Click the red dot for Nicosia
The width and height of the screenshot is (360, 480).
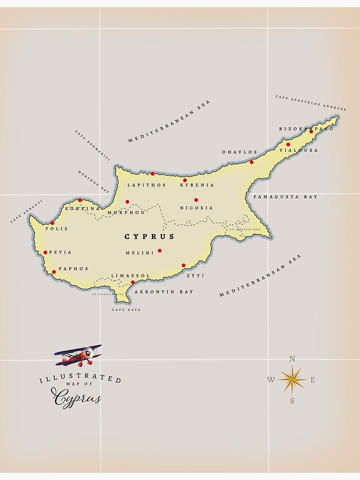pos(196,200)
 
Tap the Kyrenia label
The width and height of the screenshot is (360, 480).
pos(197,185)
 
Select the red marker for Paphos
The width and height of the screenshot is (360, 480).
pos(54,272)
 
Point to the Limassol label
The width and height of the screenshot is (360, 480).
pos(131,276)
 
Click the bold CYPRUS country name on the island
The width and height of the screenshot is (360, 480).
pos(150,237)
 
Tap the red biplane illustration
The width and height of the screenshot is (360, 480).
pos(79,355)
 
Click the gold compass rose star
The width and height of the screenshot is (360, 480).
pos(292,380)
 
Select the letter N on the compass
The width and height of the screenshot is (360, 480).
pos(292,359)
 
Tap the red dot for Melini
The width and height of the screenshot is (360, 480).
pos(159,251)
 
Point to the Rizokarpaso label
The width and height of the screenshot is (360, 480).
pos(306,129)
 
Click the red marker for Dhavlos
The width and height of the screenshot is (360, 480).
pos(252,162)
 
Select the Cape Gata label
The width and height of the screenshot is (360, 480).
pos(126,310)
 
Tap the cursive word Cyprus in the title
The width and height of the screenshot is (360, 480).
pos(77,398)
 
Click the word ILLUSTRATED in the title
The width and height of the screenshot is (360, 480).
pos(80,379)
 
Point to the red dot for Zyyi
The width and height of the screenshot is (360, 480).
pos(183,265)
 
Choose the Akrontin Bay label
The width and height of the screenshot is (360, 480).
pos(164,292)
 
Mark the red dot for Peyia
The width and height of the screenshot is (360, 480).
pos(45,252)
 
